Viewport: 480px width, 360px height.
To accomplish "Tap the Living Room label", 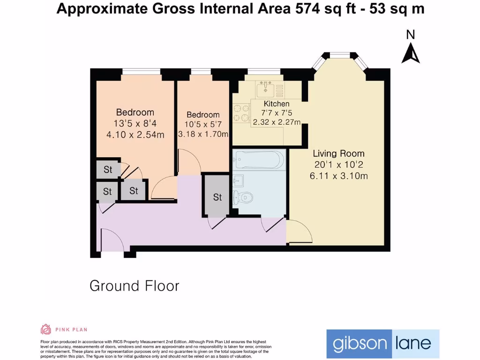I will tap(338, 154).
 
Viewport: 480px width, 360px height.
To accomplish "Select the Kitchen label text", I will tap(277, 104).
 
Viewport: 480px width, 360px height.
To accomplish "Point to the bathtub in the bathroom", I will tap(258, 160).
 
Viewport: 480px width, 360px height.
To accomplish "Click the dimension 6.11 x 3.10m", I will tap(338, 176).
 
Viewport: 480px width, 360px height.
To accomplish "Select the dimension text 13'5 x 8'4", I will tap(135, 124).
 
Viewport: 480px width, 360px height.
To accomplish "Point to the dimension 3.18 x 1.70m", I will tap(203, 135).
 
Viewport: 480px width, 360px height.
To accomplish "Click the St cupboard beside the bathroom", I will tap(217, 197).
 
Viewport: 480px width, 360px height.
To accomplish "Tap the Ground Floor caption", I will tap(135, 285).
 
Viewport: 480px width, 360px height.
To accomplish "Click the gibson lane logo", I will tap(382, 344).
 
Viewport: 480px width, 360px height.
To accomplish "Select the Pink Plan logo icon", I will tap(46, 329).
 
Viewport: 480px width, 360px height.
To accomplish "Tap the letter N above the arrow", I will tap(411, 35).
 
